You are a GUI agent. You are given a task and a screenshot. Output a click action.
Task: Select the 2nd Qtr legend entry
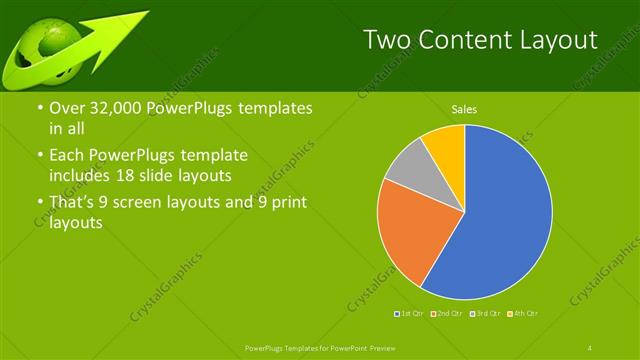click(x=447, y=314)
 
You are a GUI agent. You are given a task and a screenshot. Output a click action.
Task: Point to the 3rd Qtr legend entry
click(x=485, y=314)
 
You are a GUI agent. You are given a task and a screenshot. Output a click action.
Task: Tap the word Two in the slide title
click(x=387, y=40)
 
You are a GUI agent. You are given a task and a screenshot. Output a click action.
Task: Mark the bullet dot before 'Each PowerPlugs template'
click(x=39, y=156)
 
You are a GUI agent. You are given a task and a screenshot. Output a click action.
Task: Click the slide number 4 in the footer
click(x=591, y=347)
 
